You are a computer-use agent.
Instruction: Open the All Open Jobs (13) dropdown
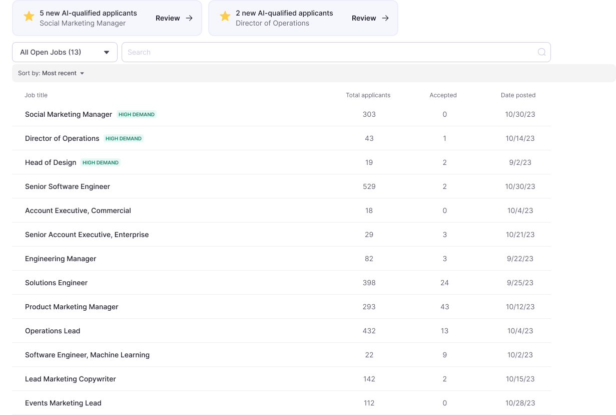(65, 52)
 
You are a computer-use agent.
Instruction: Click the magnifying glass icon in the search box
(541, 52)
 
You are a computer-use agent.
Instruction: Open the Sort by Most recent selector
(51, 73)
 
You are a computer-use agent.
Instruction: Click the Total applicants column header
(368, 95)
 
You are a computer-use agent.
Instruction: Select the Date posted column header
(518, 95)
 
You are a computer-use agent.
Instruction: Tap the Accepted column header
(443, 95)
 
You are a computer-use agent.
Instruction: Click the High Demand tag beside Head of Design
(101, 162)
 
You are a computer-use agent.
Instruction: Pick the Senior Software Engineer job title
(68, 186)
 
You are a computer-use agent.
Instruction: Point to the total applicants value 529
(369, 186)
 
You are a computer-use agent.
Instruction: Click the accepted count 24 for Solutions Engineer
(444, 283)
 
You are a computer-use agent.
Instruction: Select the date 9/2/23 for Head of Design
(520, 162)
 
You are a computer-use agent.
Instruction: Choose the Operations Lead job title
(53, 331)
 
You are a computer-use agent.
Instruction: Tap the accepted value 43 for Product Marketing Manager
(444, 307)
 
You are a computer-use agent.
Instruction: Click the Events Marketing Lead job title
(63, 403)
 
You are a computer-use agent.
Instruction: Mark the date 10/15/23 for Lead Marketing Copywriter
(520, 379)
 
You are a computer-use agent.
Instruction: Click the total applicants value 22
(369, 355)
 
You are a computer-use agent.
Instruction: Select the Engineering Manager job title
(61, 259)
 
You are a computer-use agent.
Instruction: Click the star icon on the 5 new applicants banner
(29, 17)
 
